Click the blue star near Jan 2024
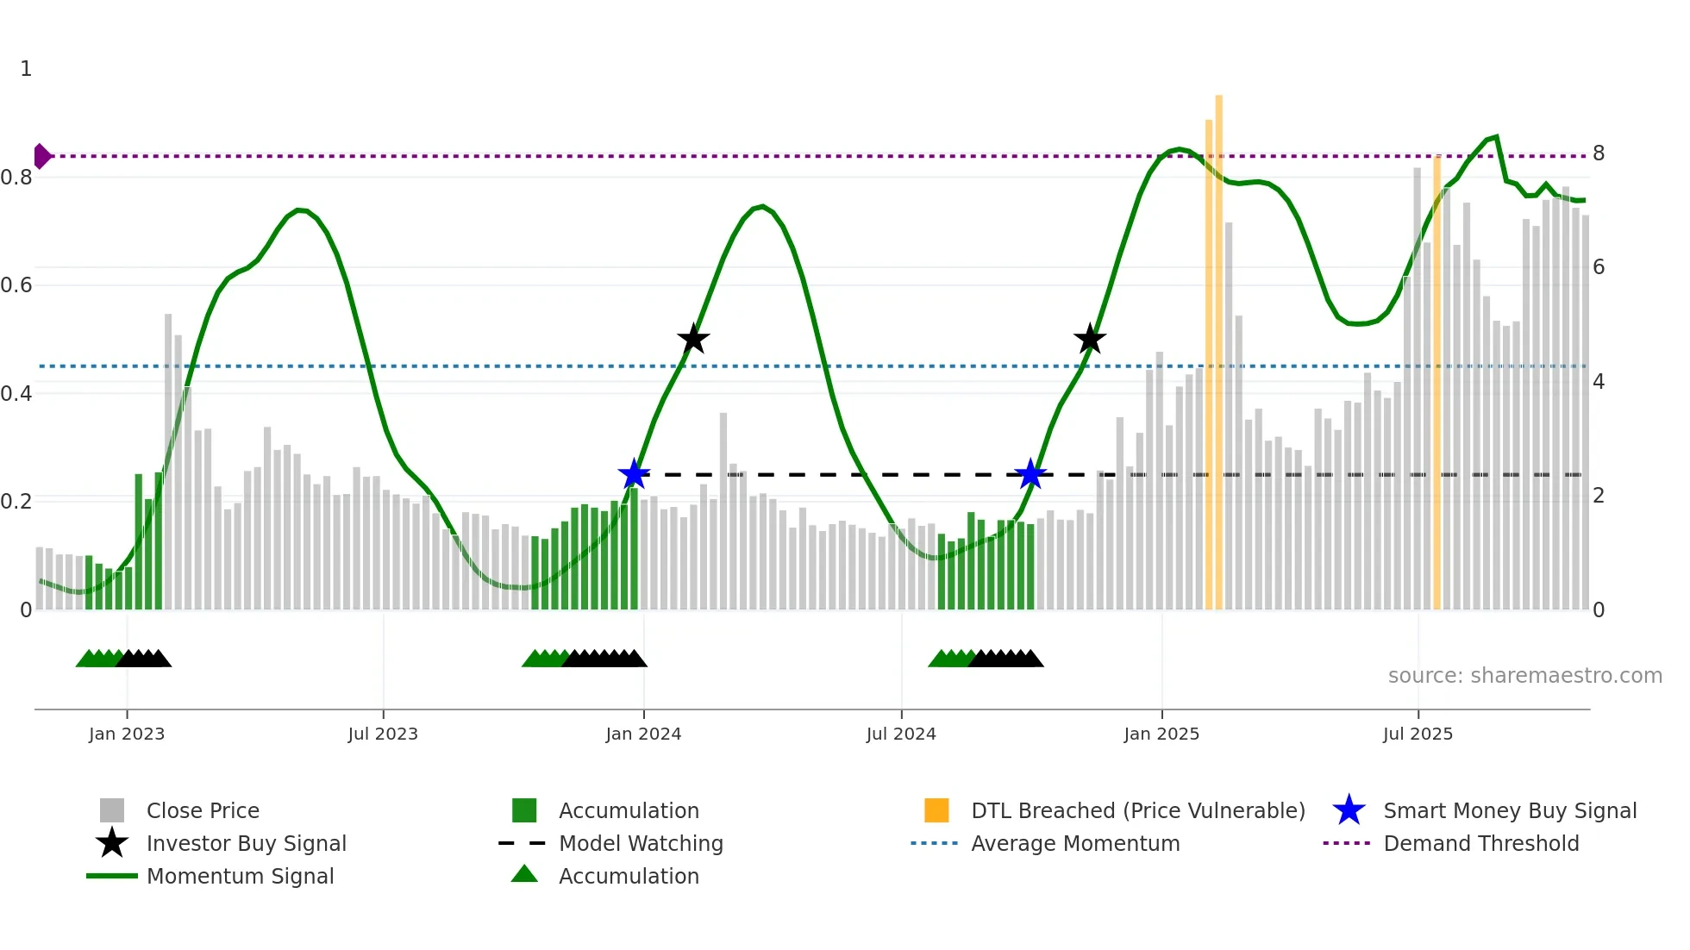(x=634, y=474)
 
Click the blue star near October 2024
(x=1030, y=474)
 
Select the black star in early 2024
(x=693, y=340)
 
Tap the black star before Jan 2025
(x=1090, y=340)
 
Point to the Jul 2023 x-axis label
(x=383, y=734)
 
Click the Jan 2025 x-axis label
(x=1161, y=734)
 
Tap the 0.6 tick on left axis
(x=17, y=285)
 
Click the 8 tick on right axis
(x=1599, y=153)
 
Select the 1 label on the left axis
(x=26, y=69)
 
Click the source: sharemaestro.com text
(x=1524, y=676)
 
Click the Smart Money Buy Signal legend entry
(x=1509, y=811)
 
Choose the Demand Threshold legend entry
(x=1480, y=844)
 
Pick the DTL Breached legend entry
(x=1137, y=811)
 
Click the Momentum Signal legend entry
(x=240, y=877)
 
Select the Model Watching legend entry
(x=641, y=844)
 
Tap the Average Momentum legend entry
(x=1074, y=844)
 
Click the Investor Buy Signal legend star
(x=112, y=843)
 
